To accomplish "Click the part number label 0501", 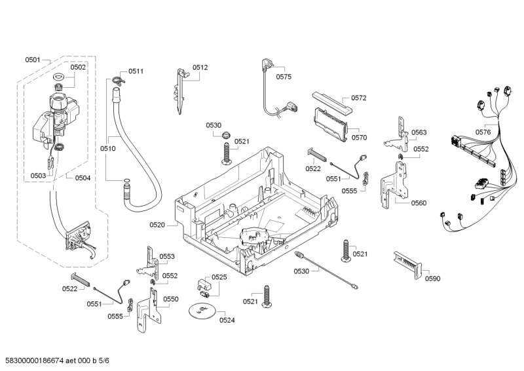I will point(33,60).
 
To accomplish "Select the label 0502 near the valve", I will point(78,67).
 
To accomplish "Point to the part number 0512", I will point(200,67).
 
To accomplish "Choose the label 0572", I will point(358,98).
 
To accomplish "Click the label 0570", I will point(359,138).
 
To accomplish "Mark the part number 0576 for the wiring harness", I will point(483,132).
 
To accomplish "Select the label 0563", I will point(419,132).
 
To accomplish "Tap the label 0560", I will point(419,203).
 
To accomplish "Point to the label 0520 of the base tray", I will point(157,225).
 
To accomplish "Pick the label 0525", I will point(219,277).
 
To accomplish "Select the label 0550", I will point(170,299).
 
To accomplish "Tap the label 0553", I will point(167,256).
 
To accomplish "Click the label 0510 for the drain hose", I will point(108,149).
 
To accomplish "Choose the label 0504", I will point(83,178).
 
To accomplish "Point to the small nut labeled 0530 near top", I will point(226,136).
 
